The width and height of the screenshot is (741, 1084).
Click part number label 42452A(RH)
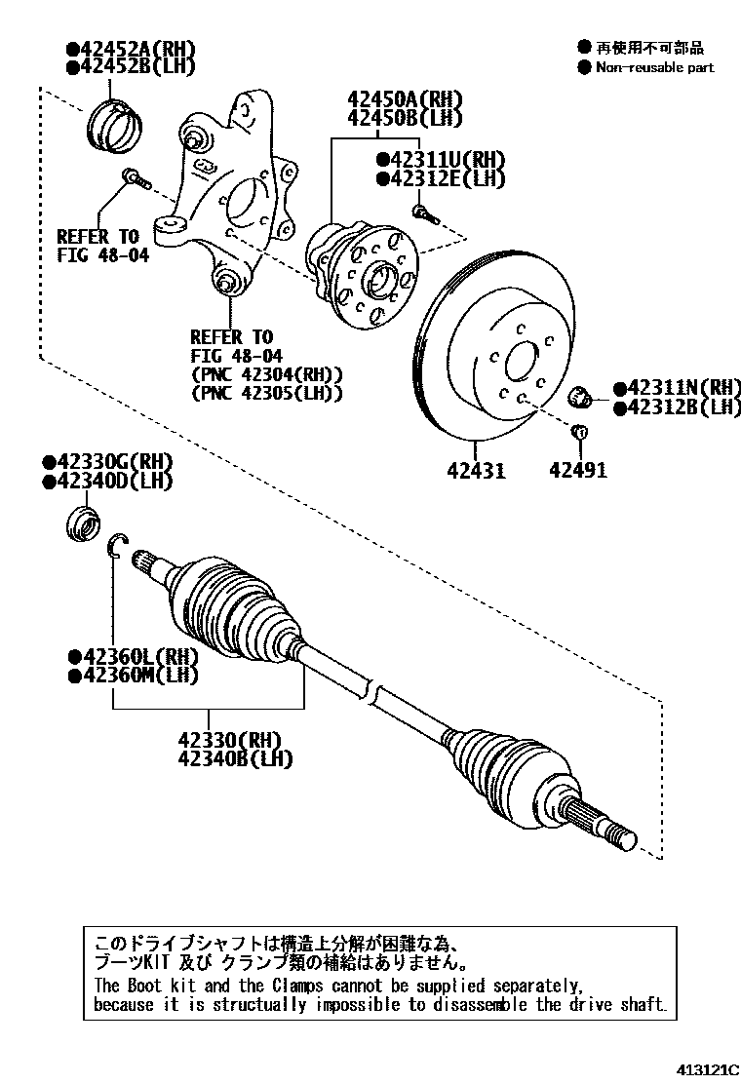[x=136, y=49]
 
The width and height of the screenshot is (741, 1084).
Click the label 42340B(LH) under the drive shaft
[x=235, y=758]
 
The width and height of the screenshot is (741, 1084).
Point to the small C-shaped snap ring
[x=114, y=547]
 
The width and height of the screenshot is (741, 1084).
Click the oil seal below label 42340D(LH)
[x=81, y=523]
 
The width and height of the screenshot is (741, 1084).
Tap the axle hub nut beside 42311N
[x=582, y=397]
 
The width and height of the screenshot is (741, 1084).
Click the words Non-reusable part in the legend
[x=654, y=67]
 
